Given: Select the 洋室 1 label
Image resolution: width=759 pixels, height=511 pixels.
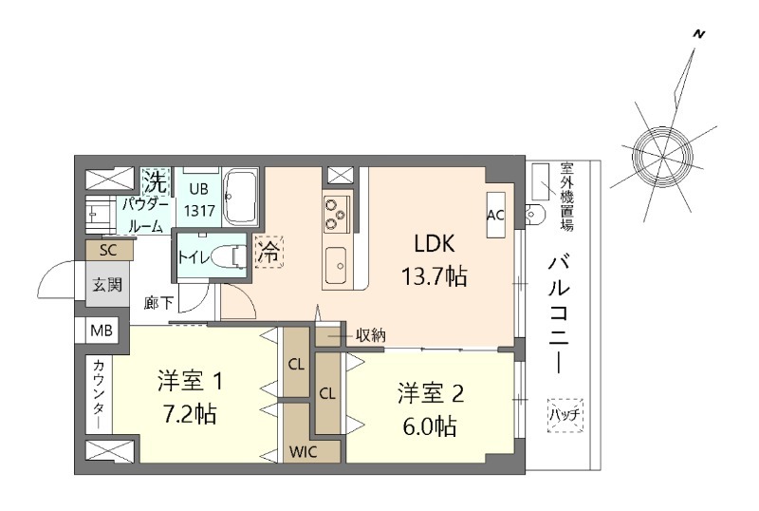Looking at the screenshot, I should click(190, 383).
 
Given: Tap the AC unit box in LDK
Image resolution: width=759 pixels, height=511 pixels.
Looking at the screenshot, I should click(494, 215).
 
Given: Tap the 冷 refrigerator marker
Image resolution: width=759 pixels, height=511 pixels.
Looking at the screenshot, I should click(268, 253).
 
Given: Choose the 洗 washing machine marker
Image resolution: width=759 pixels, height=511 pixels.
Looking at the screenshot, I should click(154, 179).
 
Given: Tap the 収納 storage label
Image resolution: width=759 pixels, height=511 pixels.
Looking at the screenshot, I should click(371, 334).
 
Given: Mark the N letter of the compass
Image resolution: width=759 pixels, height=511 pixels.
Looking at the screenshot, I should click(699, 34).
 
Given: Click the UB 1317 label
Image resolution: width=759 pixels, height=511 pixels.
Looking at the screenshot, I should click(198, 199).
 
